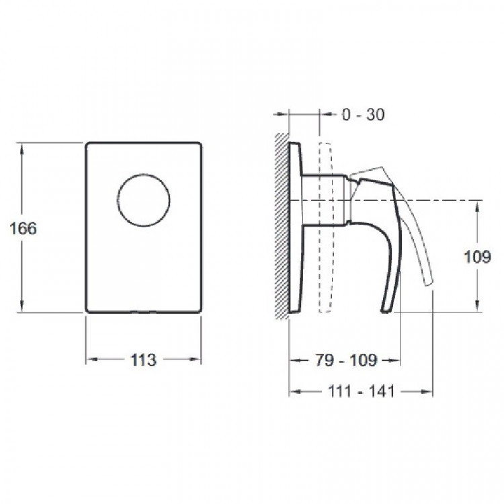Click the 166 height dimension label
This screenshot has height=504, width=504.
(x=23, y=228)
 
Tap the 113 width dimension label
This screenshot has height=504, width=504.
(x=143, y=360)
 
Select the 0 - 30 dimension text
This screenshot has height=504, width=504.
(x=363, y=114)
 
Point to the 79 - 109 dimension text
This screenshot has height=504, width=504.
(x=345, y=360)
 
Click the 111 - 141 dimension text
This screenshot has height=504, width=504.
(x=361, y=391)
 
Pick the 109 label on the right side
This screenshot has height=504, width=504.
(x=477, y=257)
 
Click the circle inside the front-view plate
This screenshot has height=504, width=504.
(x=143, y=175)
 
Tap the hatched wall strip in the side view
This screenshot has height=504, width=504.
(x=282, y=226)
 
